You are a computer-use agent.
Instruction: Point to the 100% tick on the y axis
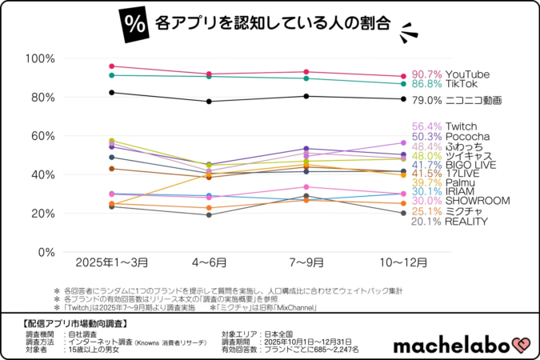click(x=39, y=59)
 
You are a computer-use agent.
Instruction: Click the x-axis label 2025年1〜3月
click(x=112, y=262)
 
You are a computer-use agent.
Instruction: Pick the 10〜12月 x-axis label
click(x=403, y=262)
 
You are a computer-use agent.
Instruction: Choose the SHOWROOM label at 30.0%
click(x=460, y=201)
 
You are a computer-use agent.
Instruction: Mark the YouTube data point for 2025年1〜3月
click(x=112, y=66)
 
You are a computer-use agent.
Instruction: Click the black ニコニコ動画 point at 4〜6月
click(x=209, y=102)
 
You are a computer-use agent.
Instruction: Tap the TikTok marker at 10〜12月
click(x=403, y=84)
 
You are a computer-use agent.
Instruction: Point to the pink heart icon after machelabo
click(x=523, y=344)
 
